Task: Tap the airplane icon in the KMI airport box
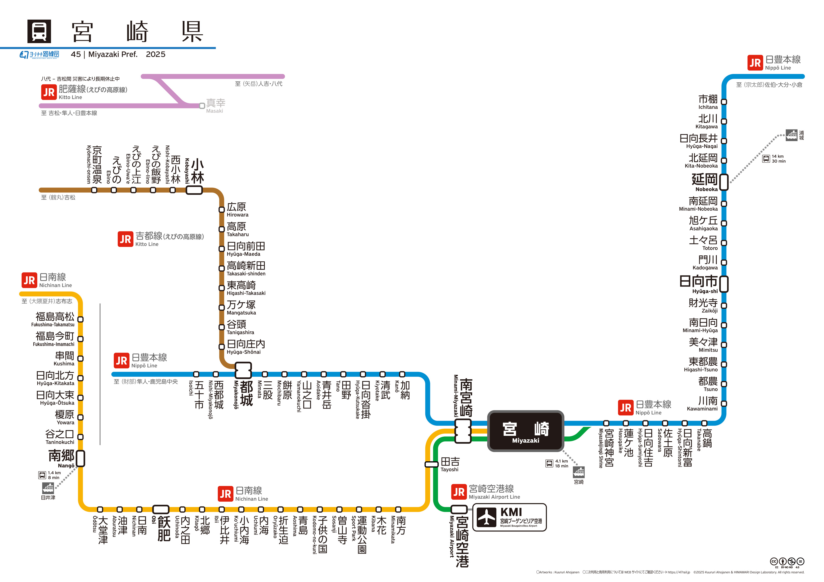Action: tap(487, 517)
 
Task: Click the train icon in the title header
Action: tap(39, 31)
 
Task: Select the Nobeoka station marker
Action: tap(724, 182)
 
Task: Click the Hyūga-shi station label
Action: tap(698, 284)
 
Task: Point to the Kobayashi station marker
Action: tap(194, 190)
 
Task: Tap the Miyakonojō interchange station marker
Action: tap(243, 370)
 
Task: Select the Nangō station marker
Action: tap(81, 458)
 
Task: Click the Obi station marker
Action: tap(161, 509)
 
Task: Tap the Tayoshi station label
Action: tap(450, 465)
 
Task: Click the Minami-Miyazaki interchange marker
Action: tap(463, 431)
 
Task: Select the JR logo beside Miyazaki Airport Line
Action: tap(459, 492)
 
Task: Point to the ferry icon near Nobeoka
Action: tap(791, 135)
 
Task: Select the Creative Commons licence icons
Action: tap(787, 562)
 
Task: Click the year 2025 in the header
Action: tap(156, 54)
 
